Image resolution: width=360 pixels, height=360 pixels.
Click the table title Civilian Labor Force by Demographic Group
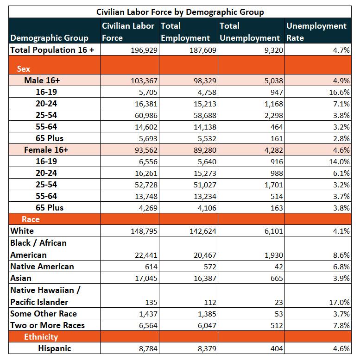(180, 12)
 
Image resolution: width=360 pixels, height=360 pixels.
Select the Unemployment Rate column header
(316, 31)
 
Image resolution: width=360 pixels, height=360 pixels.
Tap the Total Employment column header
(185, 31)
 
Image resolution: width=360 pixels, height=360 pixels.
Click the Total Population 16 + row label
(52, 50)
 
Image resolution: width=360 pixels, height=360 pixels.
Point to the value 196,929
(144, 50)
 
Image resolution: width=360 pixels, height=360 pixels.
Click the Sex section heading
(24, 69)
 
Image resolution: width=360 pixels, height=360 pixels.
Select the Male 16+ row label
(42, 81)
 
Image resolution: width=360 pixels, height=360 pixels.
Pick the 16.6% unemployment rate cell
(339, 92)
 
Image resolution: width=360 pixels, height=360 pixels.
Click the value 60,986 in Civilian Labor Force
(146, 116)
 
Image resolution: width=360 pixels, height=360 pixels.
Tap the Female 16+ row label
(46, 150)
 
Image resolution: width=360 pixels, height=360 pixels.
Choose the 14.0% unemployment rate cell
(339, 162)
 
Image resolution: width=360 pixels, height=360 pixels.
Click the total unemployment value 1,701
(273, 185)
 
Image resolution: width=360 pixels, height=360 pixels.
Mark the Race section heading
(31, 219)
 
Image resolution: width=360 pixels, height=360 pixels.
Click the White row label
(22, 231)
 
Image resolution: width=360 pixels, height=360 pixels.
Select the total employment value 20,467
(205, 255)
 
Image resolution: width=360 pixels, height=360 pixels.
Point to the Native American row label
(42, 267)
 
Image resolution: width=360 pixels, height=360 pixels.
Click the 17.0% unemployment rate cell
(339, 302)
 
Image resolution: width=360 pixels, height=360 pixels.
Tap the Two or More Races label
(47, 325)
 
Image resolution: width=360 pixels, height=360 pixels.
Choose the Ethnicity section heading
(41, 337)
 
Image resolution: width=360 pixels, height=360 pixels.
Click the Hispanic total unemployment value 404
(277, 349)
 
